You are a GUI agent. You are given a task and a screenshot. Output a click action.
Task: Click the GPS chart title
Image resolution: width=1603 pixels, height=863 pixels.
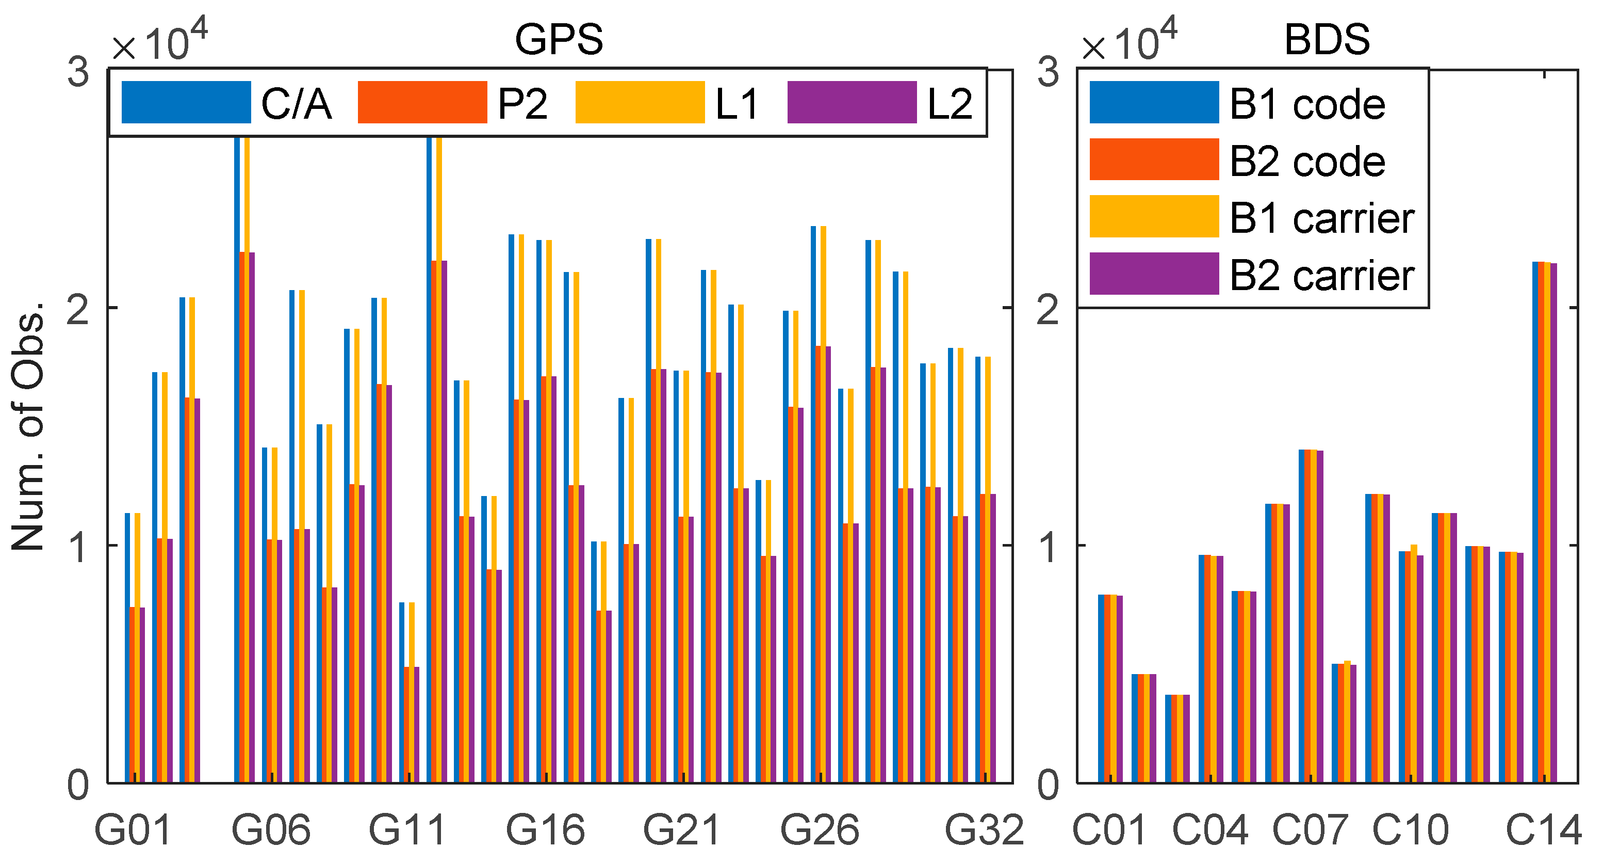[558, 40]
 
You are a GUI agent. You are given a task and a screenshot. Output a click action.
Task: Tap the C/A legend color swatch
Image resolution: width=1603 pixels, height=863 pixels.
[186, 102]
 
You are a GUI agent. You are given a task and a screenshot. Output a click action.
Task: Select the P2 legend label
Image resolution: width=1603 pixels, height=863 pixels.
[522, 103]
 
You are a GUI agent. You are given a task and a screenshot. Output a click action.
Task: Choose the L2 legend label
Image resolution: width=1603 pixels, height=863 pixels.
[950, 103]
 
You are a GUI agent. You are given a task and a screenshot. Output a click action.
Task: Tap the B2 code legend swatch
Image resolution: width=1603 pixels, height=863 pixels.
[1154, 159]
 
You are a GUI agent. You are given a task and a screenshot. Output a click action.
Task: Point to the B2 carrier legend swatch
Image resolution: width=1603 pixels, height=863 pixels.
[1154, 274]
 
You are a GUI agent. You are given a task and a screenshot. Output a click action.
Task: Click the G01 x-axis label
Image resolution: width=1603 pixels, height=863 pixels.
[133, 830]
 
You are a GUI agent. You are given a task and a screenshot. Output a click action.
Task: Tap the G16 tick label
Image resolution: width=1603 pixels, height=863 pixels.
[545, 830]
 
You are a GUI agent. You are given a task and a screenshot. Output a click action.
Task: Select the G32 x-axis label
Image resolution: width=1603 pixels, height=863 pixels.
[985, 830]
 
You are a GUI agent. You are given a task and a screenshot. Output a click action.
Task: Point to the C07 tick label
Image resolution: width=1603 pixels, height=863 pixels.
[1310, 830]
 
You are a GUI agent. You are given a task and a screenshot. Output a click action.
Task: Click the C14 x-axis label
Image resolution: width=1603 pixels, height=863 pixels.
[1543, 830]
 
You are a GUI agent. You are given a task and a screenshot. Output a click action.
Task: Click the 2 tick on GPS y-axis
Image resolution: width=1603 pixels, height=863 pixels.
[78, 309]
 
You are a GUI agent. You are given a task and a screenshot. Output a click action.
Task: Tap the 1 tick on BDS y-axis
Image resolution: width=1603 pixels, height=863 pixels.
[1049, 547]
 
